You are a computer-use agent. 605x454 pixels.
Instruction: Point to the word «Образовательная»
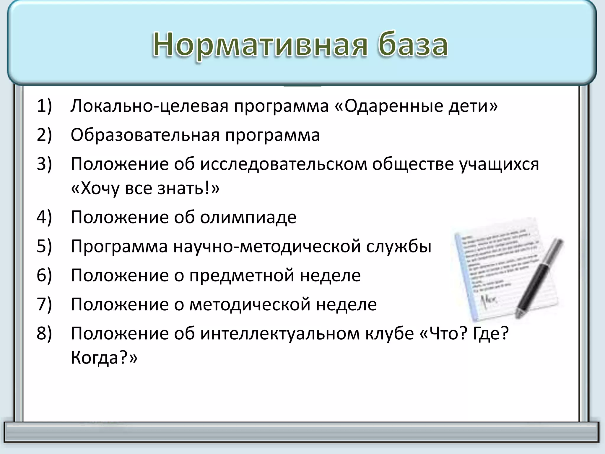pyautogui.click(x=145, y=135)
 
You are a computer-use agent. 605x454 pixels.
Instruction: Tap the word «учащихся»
pyautogui.click(x=499, y=164)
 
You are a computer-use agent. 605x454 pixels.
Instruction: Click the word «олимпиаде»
pyautogui.click(x=248, y=217)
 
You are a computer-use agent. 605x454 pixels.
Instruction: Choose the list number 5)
pyautogui.click(x=44, y=246)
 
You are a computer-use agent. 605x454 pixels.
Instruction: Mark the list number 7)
pyautogui.click(x=44, y=304)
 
